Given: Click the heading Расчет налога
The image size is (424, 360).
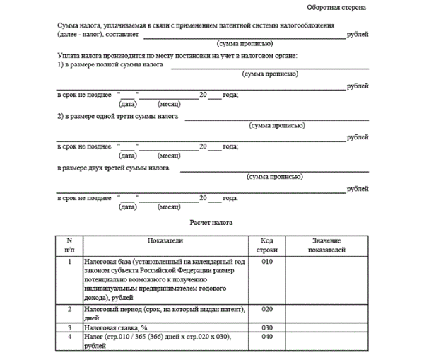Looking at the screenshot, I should click(211, 222).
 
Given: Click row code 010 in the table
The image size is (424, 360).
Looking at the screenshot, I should click(266, 262).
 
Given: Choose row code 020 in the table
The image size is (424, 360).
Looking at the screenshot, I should click(266, 309).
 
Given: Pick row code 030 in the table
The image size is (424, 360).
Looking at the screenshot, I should click(266, 327).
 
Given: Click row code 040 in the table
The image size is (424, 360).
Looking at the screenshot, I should click(266, 337).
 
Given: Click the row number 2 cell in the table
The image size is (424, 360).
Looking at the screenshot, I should click(69, 309).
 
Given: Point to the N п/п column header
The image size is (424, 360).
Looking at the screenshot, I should click(69, 245).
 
